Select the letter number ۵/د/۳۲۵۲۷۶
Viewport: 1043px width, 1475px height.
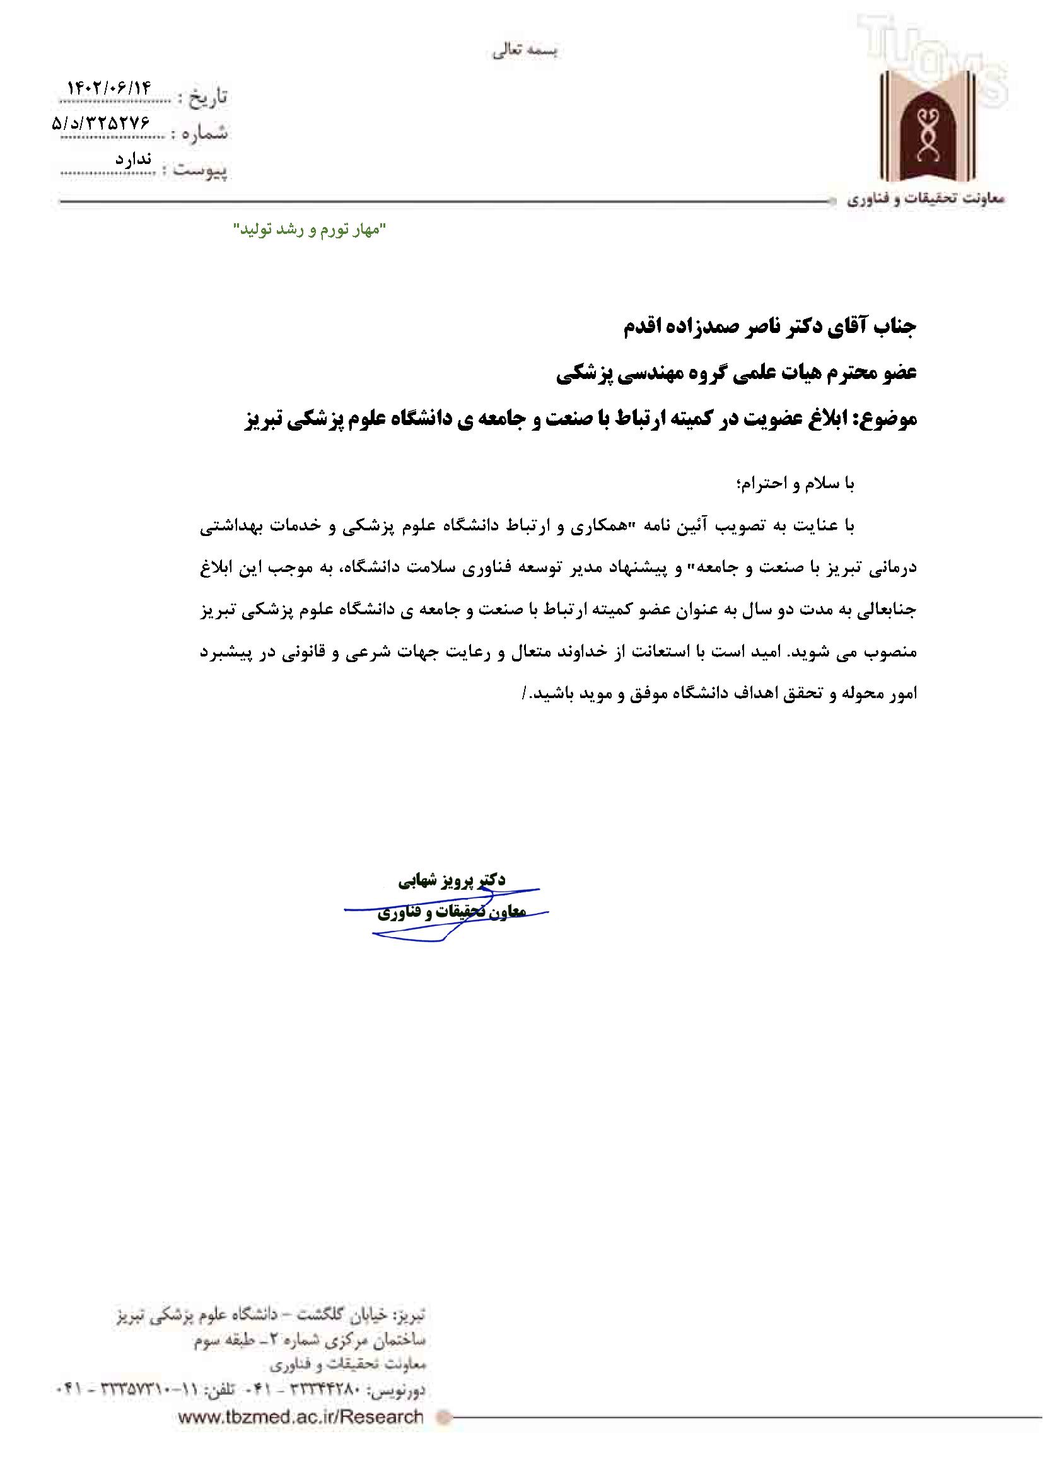[x=100, y=124]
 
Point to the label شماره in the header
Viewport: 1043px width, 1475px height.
[x=205, y=134]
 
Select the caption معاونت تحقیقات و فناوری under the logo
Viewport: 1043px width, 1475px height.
[x=925, y=200]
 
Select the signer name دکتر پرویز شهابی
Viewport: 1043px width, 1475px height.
[x=452, y=880]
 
